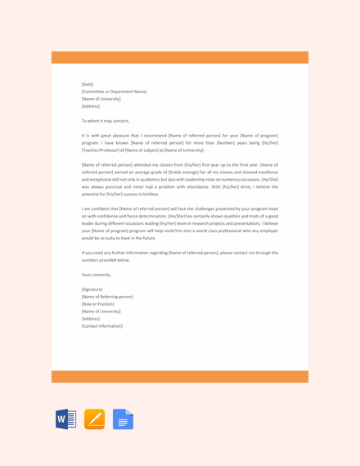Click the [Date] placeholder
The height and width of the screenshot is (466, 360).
click(x=88, y=84)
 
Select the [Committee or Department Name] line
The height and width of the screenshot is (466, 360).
click(x=114, y=92)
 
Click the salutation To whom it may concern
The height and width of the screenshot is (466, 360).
click(x=106, y=120)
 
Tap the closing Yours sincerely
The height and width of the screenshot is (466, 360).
click(x=97, y=275)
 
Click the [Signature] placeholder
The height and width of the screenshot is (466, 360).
click(x=92, y=289)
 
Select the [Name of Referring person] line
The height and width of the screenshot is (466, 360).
click(x=107, y=297)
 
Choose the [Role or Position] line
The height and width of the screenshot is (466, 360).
click(x=98, y=304)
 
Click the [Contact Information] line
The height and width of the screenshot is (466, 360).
click(x=102, y=326)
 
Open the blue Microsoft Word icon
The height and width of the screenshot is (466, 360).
click(x=65, y=419)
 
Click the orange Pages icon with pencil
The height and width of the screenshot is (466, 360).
click(x=94, y=419)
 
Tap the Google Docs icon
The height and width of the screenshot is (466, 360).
click(x=123, y=419)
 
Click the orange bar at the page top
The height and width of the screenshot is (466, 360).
click(x=180, y=57)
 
